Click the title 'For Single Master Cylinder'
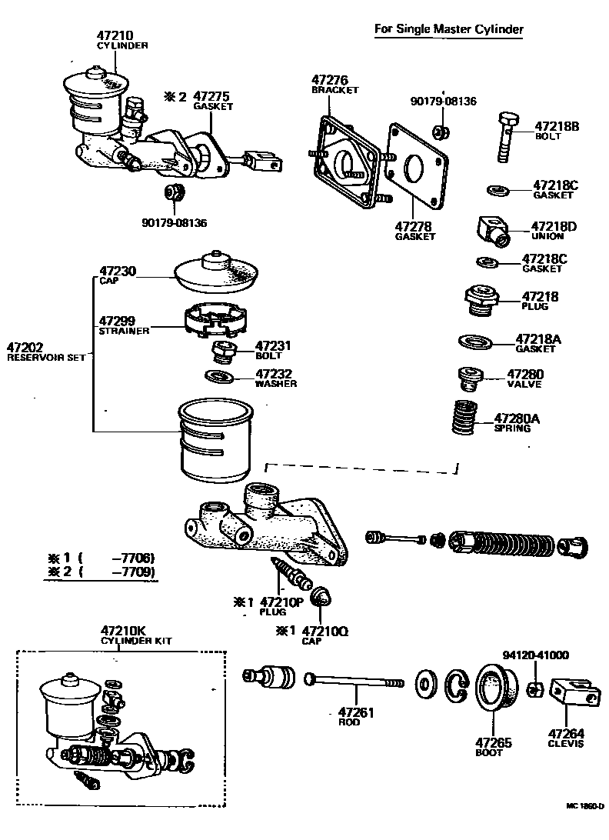coord(448,30)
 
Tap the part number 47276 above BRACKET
coord(330,79)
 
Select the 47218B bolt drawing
coord(506,137)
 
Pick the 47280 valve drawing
coord(468,378)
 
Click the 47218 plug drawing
coord(480,300)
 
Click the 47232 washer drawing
coord(221,377)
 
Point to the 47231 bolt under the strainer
coord(223,353)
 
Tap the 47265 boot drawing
coord(495,688)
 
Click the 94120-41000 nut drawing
coord(536,687)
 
